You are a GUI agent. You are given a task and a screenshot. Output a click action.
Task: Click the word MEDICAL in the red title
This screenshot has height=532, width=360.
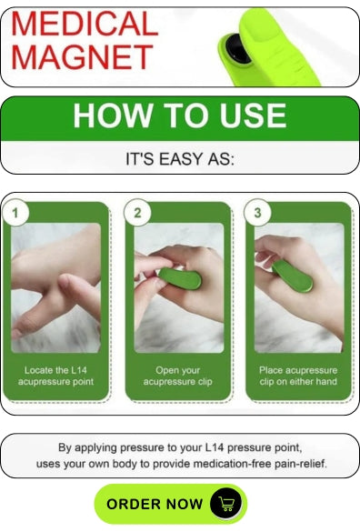click(85, 24)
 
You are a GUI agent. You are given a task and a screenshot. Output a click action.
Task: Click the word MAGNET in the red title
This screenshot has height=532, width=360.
click(82, 56)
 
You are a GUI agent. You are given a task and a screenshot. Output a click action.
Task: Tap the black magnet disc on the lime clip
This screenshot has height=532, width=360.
click(237, 48)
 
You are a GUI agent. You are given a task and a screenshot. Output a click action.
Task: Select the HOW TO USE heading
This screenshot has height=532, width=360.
click(179, 115)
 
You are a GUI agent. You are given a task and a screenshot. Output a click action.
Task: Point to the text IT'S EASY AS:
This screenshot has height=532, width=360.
click(180, 159)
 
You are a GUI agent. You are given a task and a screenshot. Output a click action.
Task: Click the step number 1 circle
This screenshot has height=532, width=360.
click(15, 213)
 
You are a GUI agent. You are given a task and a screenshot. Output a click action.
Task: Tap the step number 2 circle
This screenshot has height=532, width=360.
click(137, 213)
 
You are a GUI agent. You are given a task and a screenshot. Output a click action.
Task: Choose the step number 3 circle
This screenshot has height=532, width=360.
click(257, 213)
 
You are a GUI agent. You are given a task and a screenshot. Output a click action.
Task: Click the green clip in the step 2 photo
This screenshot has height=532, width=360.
click(180, 278)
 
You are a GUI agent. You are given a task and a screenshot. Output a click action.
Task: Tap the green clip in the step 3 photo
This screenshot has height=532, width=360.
click(292, 276)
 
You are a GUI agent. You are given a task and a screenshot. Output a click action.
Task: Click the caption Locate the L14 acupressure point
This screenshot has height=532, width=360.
click(55, 376)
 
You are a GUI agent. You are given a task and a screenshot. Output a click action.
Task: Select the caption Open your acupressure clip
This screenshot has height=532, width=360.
click(178, 376)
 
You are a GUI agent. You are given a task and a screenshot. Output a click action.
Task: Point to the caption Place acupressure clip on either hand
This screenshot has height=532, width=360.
click(298, 376)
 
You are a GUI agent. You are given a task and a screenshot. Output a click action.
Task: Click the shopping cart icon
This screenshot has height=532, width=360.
click(226, 503)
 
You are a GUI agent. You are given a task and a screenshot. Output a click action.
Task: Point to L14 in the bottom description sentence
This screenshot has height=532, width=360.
click(215, 447)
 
